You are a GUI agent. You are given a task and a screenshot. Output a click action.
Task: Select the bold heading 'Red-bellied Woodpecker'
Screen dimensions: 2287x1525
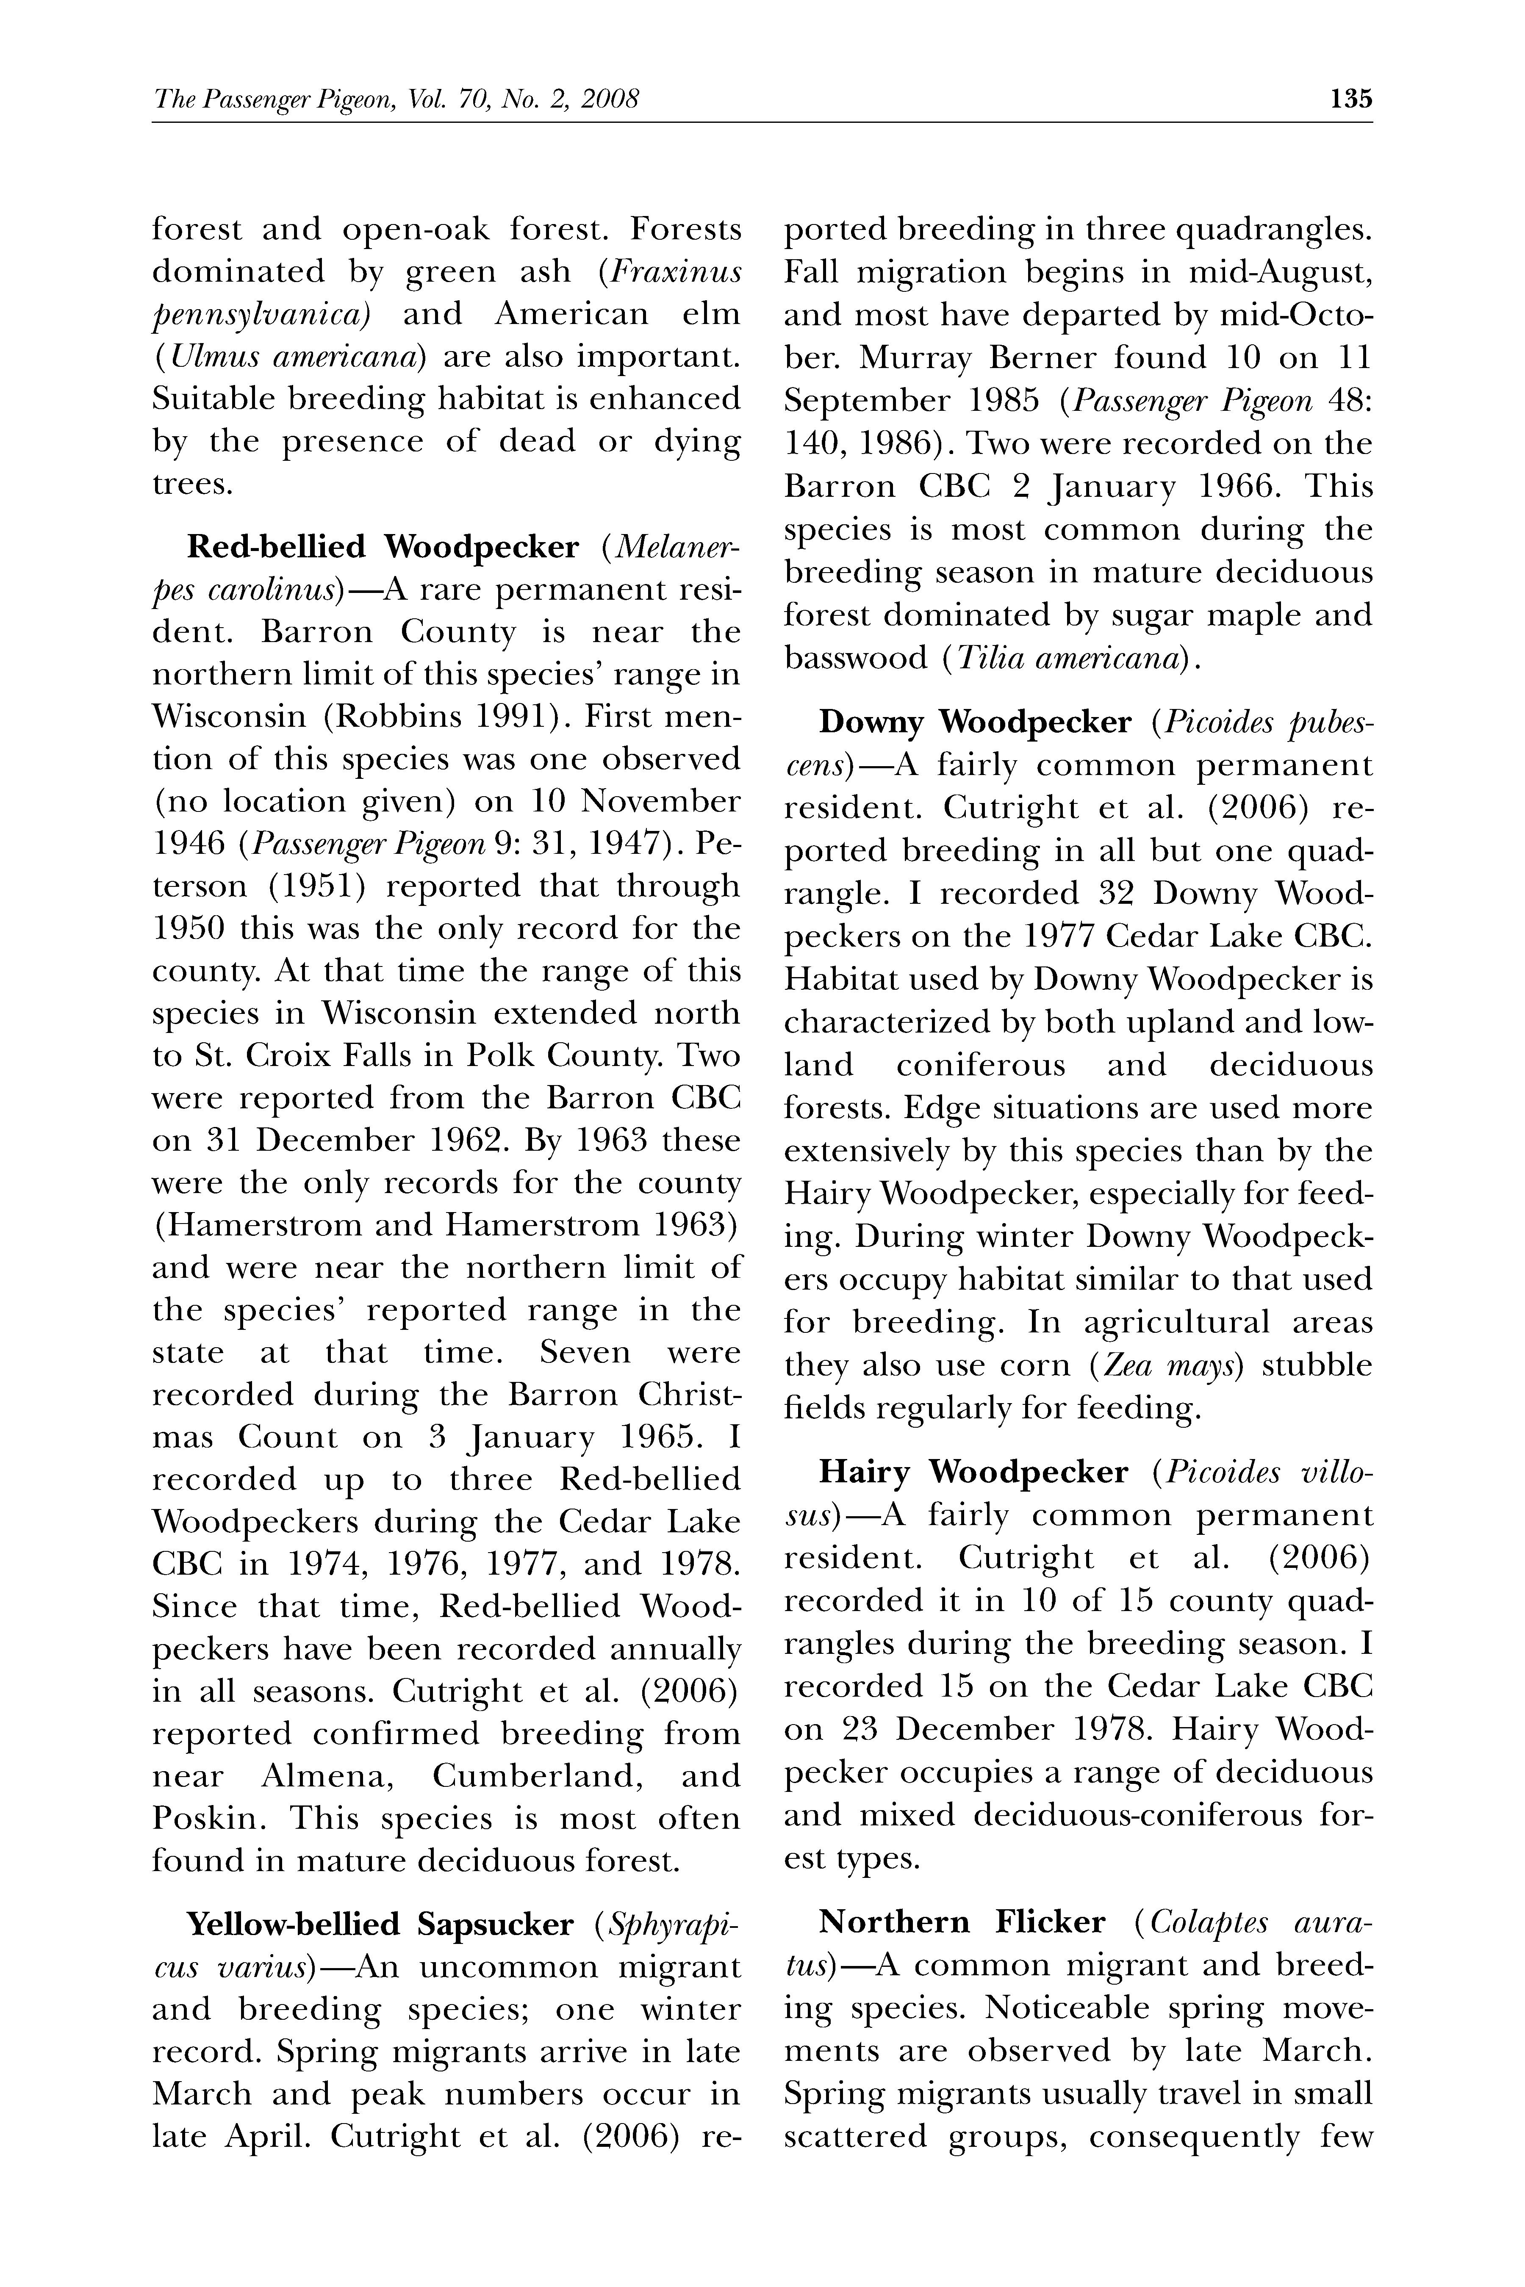coord(382,548)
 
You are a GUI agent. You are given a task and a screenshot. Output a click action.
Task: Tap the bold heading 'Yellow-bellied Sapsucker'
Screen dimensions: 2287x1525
coord(379,1924)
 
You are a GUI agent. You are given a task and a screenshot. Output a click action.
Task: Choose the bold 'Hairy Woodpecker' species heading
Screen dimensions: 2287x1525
coord(973,1473)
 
